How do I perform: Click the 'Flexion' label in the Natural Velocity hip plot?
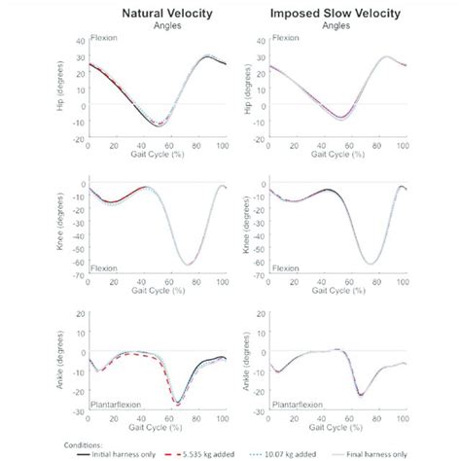(103, 39)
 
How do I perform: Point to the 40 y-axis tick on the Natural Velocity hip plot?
(80, 42)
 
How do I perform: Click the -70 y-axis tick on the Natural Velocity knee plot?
(79, 275)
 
